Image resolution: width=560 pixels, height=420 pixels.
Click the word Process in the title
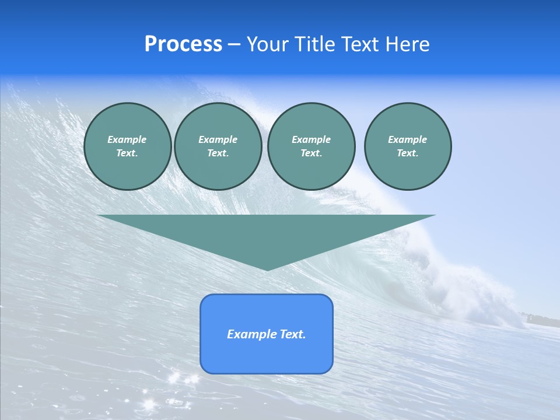click(183, 44)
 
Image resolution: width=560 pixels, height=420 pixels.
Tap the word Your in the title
click(268, 44)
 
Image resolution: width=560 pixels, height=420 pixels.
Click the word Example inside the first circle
click(127, 139)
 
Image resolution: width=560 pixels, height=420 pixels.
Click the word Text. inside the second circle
click(218, 153)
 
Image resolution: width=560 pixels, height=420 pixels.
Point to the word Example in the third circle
click(311, 139)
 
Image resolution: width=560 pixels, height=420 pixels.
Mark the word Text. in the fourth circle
click(408, 153)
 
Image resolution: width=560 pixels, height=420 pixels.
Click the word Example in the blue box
click(251, 334)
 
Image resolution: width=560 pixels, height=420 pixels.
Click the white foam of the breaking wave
click(467, 286)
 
